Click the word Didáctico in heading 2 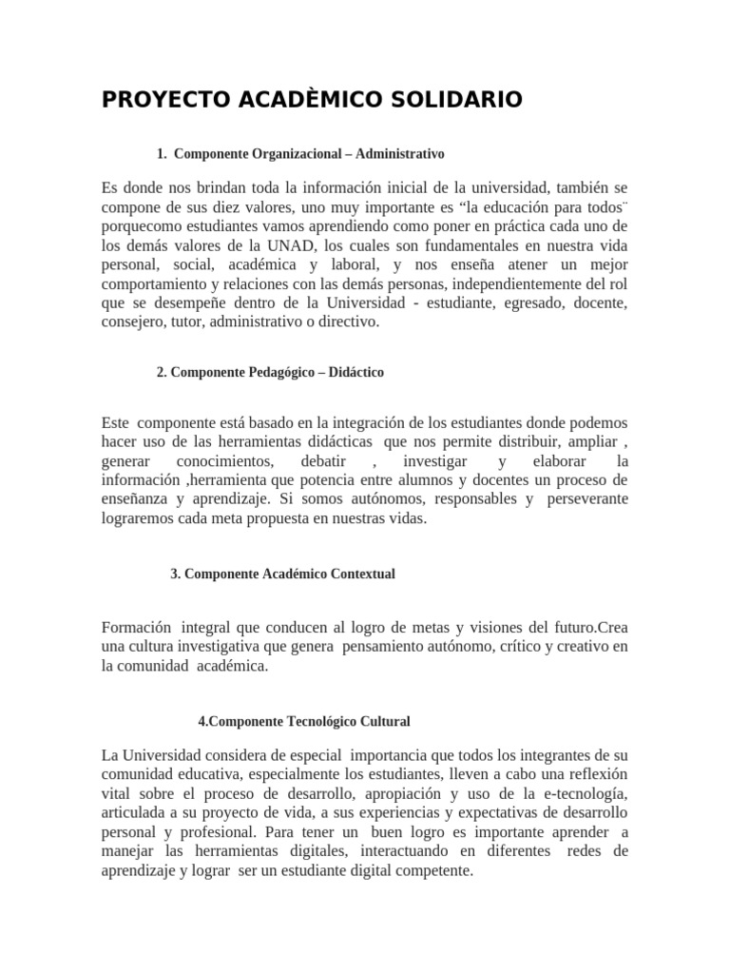355,373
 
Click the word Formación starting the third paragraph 136,628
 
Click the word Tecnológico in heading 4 327,722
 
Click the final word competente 430,869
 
